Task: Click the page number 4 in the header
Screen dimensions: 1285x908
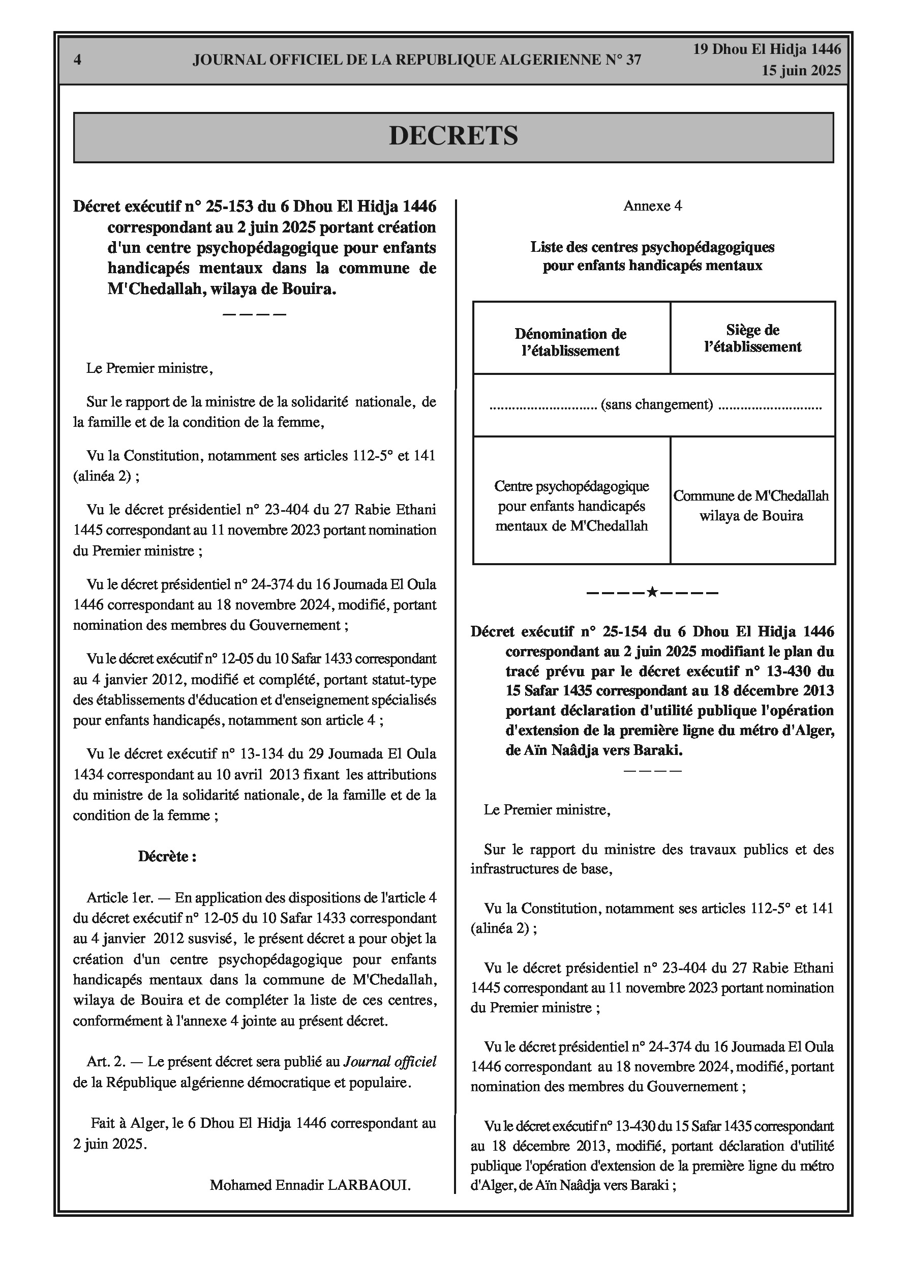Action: [77, 60]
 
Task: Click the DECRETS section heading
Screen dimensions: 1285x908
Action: [453, 136]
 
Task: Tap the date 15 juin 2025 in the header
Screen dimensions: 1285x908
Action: [801, 71]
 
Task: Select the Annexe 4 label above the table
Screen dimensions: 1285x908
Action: [652, 206]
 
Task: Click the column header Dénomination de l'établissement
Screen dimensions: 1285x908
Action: [570, 342]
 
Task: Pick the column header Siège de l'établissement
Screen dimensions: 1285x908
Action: [752, 338]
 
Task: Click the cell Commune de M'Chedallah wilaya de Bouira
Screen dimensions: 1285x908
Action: [751, 505]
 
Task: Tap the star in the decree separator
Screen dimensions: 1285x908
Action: [652, 592]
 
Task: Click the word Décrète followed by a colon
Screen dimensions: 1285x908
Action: [167, 856]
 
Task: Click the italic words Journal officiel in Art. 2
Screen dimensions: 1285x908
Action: [389, 1061]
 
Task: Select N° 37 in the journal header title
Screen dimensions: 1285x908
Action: [624, 60]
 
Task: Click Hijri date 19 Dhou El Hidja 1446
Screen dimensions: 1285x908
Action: [767, 49]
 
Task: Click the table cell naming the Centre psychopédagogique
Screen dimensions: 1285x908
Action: [571, 505]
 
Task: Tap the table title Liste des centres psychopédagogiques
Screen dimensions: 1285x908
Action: [652, 247]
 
